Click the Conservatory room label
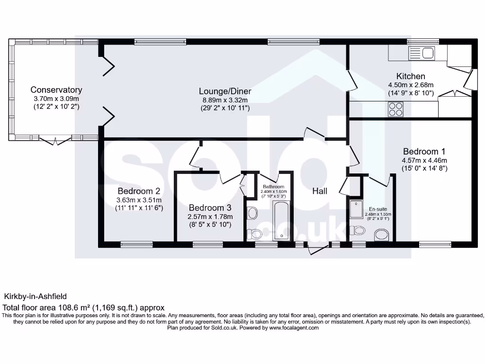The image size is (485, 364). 56,90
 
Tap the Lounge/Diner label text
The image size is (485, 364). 225,91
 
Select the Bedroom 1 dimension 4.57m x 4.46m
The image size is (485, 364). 424,160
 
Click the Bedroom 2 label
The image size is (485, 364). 138,191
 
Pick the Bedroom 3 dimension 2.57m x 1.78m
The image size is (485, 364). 210,217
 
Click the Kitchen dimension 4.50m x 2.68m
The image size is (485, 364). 411,85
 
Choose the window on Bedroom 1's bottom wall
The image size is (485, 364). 434,245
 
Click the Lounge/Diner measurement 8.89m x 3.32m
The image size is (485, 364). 225,100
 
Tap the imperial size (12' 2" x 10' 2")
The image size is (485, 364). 56,107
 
